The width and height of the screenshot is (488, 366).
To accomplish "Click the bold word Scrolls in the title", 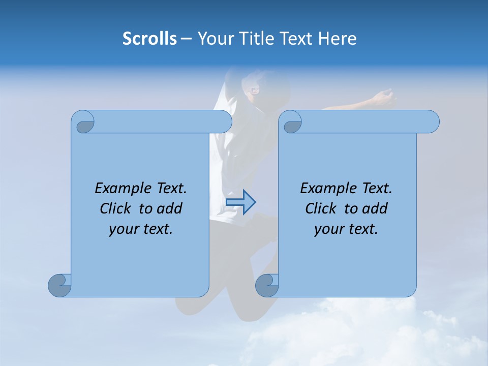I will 150,39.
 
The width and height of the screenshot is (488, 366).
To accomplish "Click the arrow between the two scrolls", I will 241,202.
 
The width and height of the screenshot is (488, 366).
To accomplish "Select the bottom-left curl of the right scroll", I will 267,285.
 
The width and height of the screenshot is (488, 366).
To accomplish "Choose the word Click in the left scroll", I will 116,208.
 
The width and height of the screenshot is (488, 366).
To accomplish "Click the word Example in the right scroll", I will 329,189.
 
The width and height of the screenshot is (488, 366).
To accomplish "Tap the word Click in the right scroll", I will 321,208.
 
